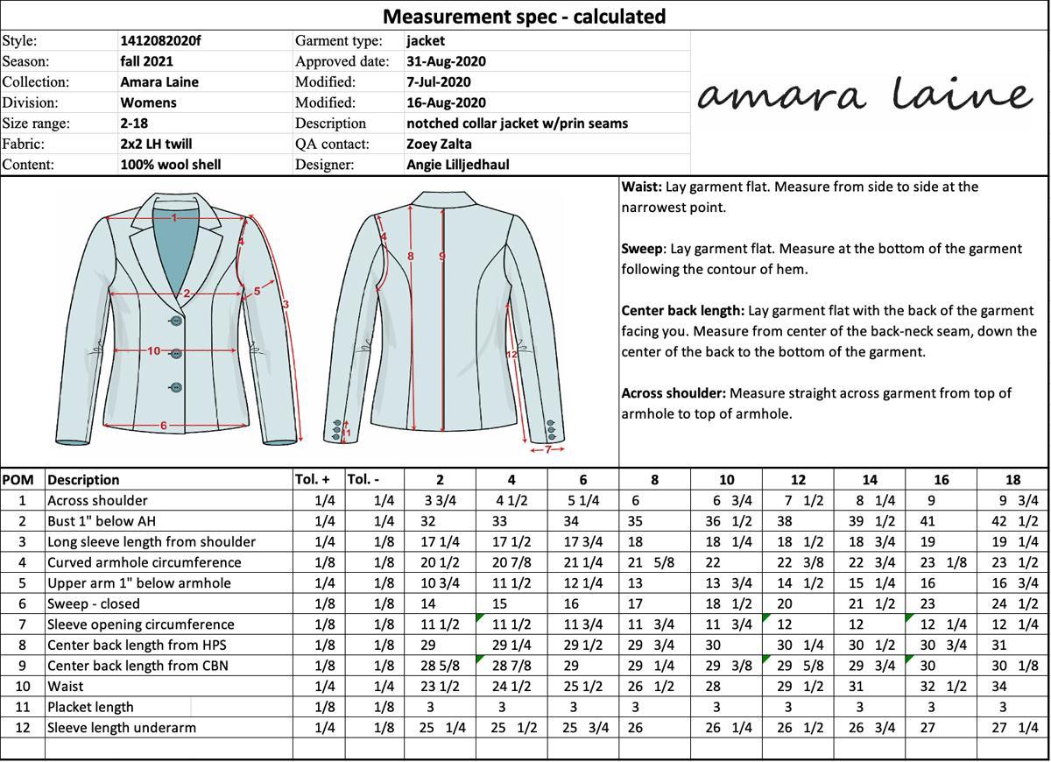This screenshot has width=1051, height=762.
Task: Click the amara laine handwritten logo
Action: pos(864,95)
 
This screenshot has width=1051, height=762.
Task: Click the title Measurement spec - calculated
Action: pos(524,16)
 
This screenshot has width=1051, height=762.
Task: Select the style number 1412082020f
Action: pos(160,40)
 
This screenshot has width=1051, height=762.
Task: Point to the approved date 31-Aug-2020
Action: pos(446,61)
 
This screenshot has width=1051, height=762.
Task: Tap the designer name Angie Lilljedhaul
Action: pos(457,165)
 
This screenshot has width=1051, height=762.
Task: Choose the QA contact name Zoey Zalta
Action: pos(439,144)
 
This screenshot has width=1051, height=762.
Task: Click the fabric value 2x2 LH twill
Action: pos(156,144)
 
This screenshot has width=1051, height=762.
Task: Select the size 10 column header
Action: pos(726,480)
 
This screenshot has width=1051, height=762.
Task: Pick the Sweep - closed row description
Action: pos(94,603)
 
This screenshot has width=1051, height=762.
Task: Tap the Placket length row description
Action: pos(90,707)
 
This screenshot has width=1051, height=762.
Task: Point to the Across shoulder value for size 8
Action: pos(636,501)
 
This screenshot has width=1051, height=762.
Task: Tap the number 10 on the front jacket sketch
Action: pos(153,351)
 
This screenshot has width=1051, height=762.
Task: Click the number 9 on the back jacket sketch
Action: pos(442,257)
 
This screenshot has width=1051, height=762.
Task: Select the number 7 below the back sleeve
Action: pos(548,449)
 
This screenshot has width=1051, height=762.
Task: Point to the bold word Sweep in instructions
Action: pos(642,249)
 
